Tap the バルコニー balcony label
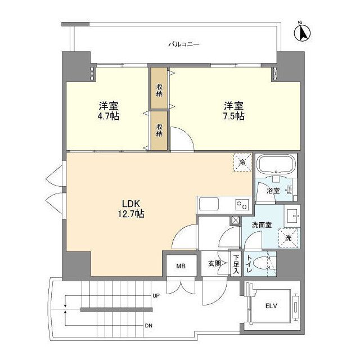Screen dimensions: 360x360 click(184, 44)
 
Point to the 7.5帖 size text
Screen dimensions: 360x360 click(234, 116)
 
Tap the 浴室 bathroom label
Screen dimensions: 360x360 click(273, 190)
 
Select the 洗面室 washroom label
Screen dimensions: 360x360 click(262, 225)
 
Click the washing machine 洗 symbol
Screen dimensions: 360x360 click(288, 238)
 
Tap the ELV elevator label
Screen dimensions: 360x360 click(272, 306)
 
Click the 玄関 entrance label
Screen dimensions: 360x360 click(214, 263)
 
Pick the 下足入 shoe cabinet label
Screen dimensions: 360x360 click(236, 264)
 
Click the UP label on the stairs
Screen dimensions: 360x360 click(155, 295)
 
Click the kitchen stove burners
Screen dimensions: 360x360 click(241, 204)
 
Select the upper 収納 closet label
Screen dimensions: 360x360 click(160, 89)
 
